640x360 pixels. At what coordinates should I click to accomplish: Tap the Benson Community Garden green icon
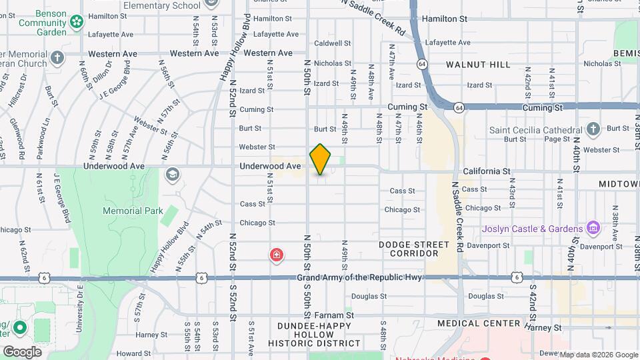77,22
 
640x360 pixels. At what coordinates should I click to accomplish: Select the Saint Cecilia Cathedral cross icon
593,129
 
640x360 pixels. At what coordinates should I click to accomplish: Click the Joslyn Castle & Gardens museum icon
592,229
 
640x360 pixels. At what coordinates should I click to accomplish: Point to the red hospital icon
275,255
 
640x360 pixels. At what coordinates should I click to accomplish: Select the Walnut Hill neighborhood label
478,65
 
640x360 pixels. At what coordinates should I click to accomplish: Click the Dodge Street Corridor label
418,249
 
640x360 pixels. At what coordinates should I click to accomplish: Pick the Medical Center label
479,323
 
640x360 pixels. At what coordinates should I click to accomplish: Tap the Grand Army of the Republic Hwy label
359,277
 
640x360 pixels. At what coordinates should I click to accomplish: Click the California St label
487,171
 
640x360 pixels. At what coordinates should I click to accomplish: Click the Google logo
22,351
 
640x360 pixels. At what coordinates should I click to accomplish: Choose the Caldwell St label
333,43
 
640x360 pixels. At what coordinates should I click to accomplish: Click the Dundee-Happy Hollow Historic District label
314,334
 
